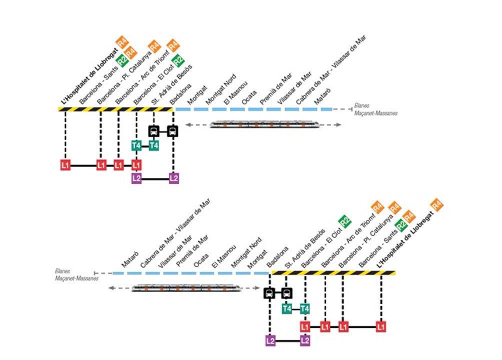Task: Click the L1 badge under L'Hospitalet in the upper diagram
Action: click(x=65, y=164)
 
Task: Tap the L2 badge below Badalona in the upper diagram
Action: click(x=173, y=178)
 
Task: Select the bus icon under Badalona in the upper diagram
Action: click(x=172, y=131)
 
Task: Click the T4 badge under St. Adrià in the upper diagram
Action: click(x=154, y=145)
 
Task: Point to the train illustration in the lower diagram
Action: click(x=186, y=288)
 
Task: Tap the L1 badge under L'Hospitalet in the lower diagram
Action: click(x=381, y=327)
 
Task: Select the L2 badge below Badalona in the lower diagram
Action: click(x=270, y=341)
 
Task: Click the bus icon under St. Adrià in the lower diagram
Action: click(x=287, y=293)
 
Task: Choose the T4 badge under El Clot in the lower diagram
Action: click(x=304, y=308)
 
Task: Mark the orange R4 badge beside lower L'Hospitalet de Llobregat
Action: click(x=437, y=204)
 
